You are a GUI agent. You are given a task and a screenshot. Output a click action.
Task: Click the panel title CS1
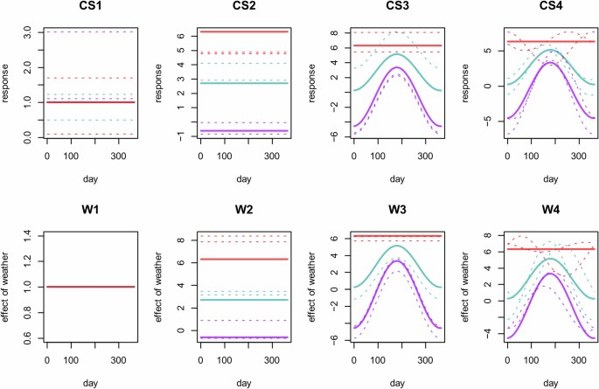coord(90,11)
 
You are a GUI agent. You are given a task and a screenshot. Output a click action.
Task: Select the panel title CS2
coord(244,11)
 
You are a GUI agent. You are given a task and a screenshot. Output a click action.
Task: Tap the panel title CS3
coord(397,11)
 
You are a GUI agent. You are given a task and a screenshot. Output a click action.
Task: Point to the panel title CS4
coord(550,11)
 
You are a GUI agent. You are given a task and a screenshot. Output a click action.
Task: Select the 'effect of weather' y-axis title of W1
coord(10,288)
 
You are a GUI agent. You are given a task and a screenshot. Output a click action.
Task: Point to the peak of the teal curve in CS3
coord(397,53)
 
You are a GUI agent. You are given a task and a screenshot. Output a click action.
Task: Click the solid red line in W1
coord(90,287)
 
